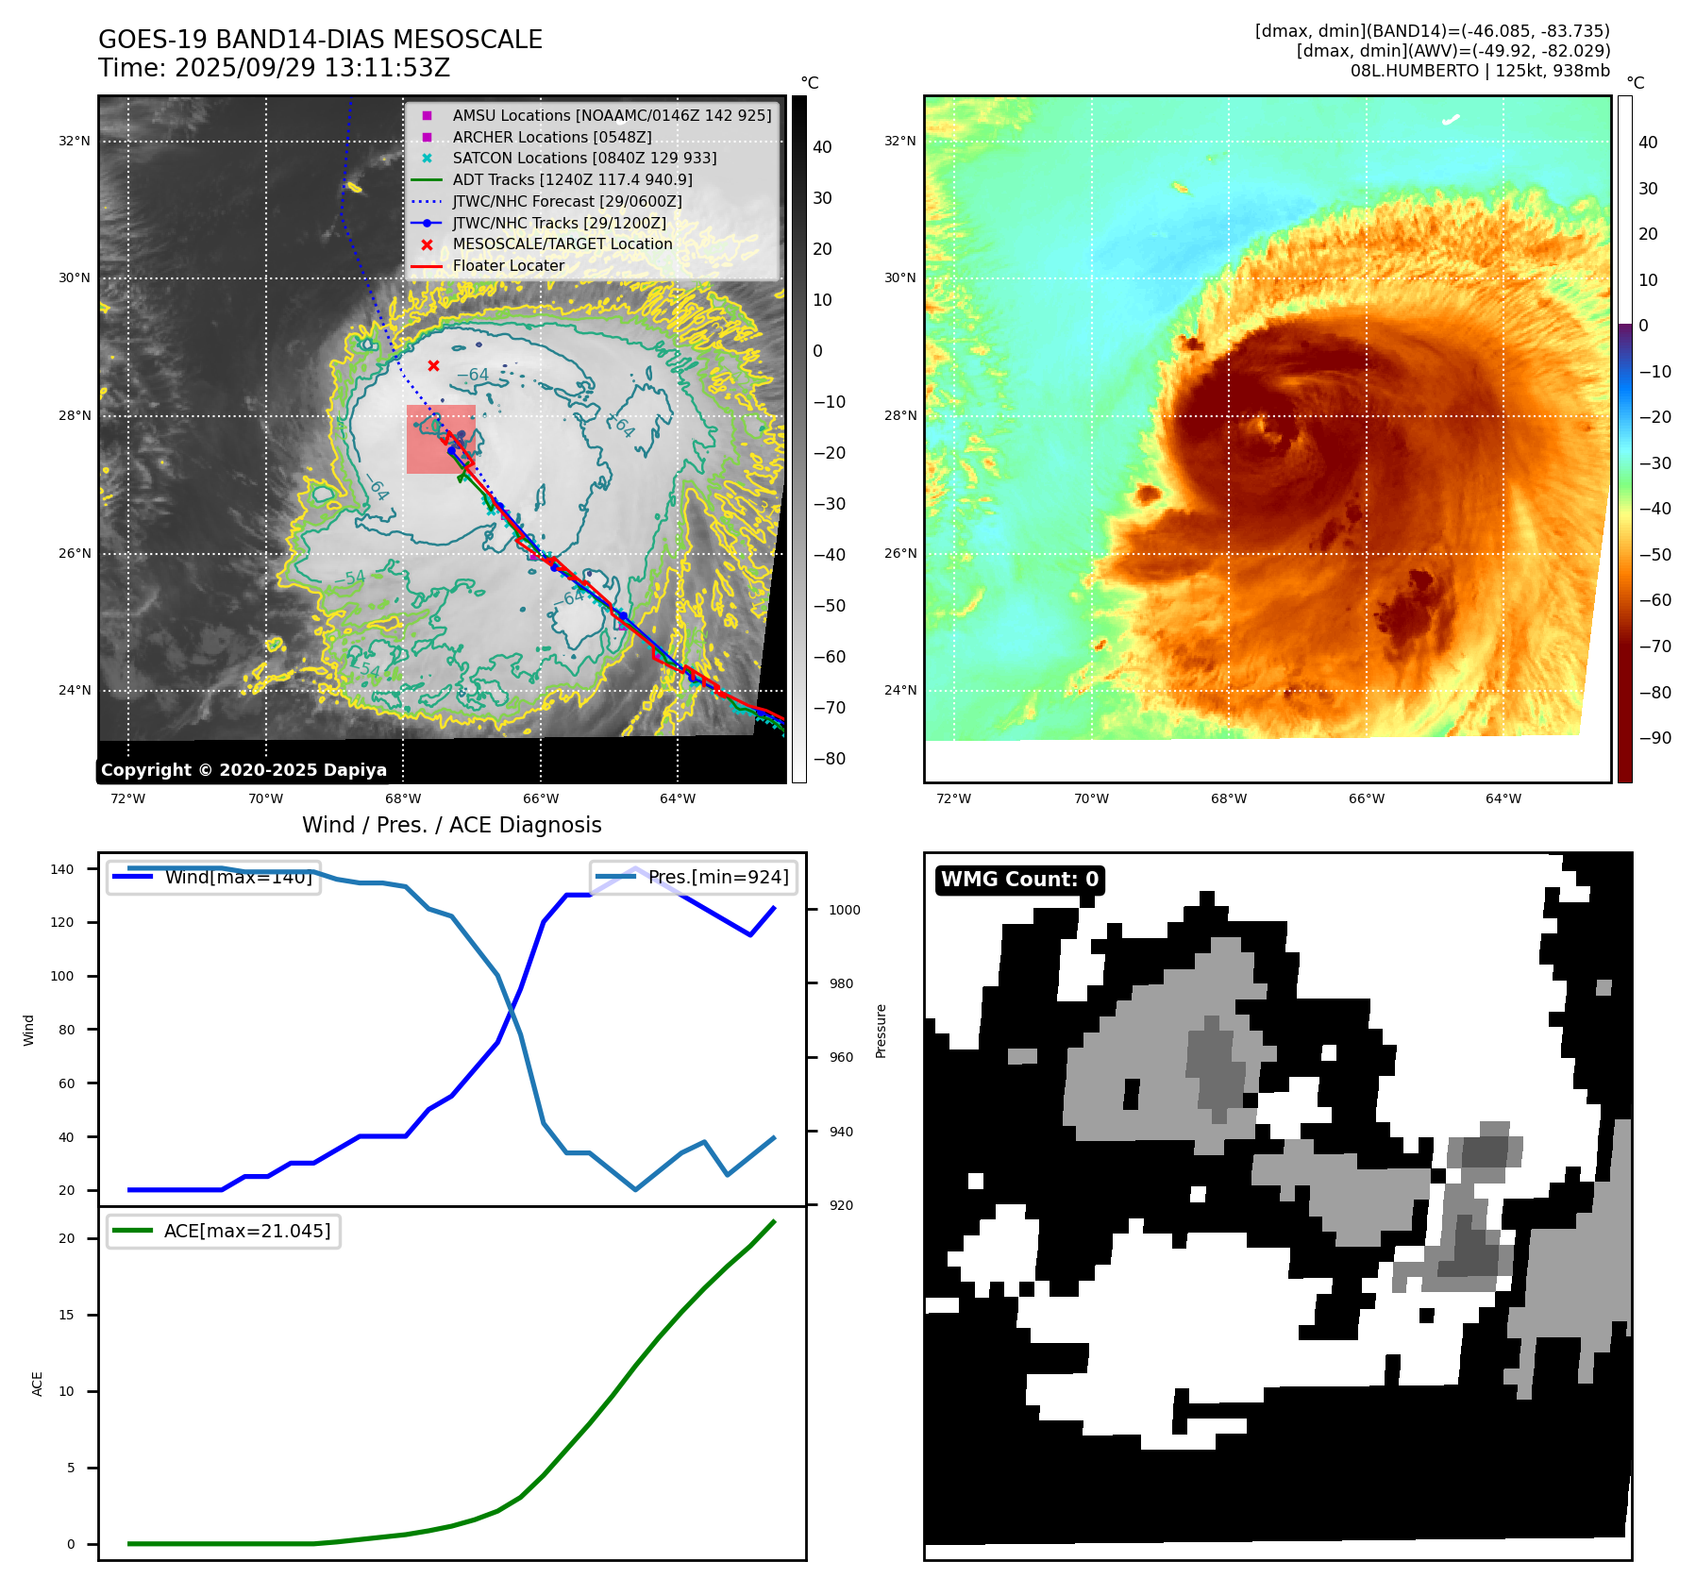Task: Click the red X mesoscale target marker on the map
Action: (x=433, y=365)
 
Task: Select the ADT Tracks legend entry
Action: (x=572, y=179)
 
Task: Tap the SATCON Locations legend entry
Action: (x=584, y=158)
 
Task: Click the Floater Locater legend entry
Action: (x=508, y=265)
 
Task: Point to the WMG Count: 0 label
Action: (x=1019, y=879)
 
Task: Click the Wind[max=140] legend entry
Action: (x=238, y=877)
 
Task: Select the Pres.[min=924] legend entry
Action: (x=717, y=877)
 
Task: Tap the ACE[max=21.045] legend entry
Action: (x=246, y=1231)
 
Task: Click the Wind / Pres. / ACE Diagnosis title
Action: (x=451, y=825)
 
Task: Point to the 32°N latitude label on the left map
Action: (x=75, y=142)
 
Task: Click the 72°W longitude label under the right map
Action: (x=953, y=798)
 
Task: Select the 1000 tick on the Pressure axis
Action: (x=844, y=910)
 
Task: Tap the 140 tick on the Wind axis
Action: (x=62, y=869)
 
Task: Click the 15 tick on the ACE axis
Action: (x=66, y=1315)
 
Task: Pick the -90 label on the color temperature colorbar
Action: (x=1654, y=738)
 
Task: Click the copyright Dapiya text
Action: (x=243, y=770)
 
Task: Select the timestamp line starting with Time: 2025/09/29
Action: (x=274, y=68)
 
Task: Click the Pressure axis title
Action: (x=881, y=1031)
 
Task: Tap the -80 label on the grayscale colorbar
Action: (x=830, y=759)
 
